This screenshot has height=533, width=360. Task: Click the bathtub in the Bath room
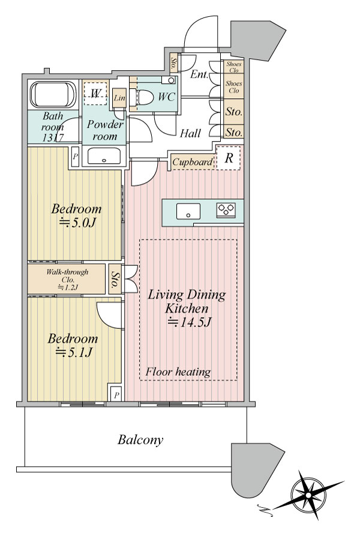tap(53, 94)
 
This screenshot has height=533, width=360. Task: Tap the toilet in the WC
tap(142, 98)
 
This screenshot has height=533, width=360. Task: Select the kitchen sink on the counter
tap(188, 211)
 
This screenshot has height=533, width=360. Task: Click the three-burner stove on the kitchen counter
tap(226, 209)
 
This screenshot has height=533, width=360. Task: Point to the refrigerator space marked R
tap(229, 158)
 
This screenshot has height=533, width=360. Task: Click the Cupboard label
tap(193, 162)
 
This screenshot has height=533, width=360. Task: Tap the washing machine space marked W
tap(95, 93)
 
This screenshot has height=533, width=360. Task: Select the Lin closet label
tap(119, 98)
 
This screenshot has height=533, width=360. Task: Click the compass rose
tap(308, 495)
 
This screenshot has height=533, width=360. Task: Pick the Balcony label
tap(140, 440)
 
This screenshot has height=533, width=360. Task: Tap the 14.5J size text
tap(189, 322)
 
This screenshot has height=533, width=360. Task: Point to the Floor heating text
tap(178, 372)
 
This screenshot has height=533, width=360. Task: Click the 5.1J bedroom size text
tap(74, 353)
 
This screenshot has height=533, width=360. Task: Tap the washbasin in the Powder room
tap(104, 156)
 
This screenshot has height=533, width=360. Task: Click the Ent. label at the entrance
tap(199, 74)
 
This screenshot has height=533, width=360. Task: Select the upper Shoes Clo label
tap(234, 67)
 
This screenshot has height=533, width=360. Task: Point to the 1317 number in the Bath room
tap(53, 138)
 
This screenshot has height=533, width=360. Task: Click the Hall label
tap(190, 133)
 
